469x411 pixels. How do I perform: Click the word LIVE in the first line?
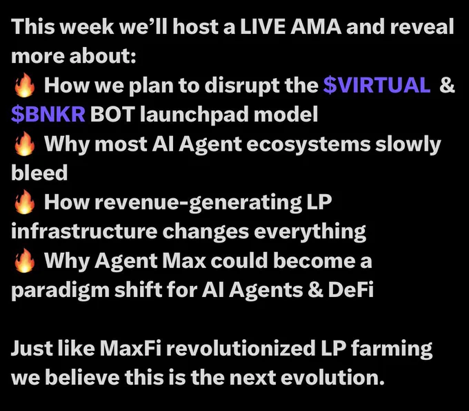point(262,27)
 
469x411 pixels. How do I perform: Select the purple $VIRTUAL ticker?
point(377,86)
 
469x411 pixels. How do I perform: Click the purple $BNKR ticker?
point(48,114)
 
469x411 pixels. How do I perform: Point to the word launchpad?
point(194,115)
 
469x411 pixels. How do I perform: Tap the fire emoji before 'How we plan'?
point(25,86)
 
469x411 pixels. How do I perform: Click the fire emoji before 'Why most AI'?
point(25,144)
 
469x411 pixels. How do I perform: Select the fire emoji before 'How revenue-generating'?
point(25,202)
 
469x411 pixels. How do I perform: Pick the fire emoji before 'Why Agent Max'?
point(25,261)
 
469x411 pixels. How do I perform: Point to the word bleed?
point(39,173)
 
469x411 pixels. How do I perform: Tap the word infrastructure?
point(84,231)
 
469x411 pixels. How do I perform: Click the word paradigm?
point(60,291)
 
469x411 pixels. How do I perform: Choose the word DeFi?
point(350,289)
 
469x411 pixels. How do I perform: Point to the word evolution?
point(332,377)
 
